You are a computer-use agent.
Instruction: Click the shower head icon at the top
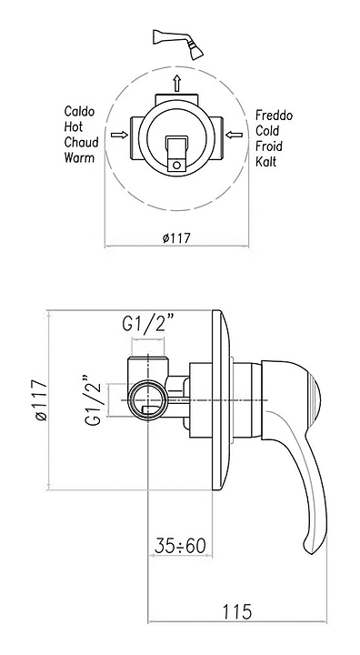pos(179,44)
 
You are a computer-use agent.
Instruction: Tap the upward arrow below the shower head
pos(177,83)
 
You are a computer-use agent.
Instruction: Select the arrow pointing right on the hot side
pos(120,135)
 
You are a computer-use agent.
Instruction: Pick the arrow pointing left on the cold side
pos(234,135)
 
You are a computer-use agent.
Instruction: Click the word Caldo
pos(79,112)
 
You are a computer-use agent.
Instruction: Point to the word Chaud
pos(81,142)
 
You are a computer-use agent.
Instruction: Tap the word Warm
pos(79,157)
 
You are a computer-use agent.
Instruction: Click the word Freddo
pos(274,115)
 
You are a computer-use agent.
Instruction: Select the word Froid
pos(269,146)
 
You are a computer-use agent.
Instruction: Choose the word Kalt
pos(266,161)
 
